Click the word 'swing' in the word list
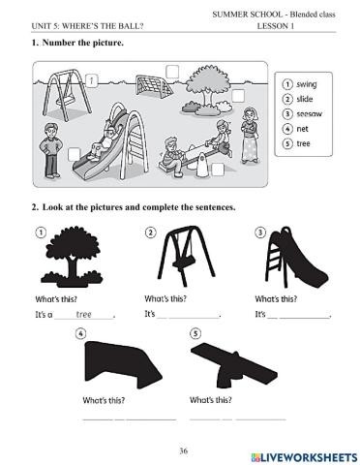(307, 84)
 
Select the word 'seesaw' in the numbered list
(311, 113)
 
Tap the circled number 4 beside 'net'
(288, 128)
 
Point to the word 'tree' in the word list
(305, 142)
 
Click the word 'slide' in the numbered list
(306, 99)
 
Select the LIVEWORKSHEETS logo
(302, 455)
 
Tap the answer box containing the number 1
(91, 79)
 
